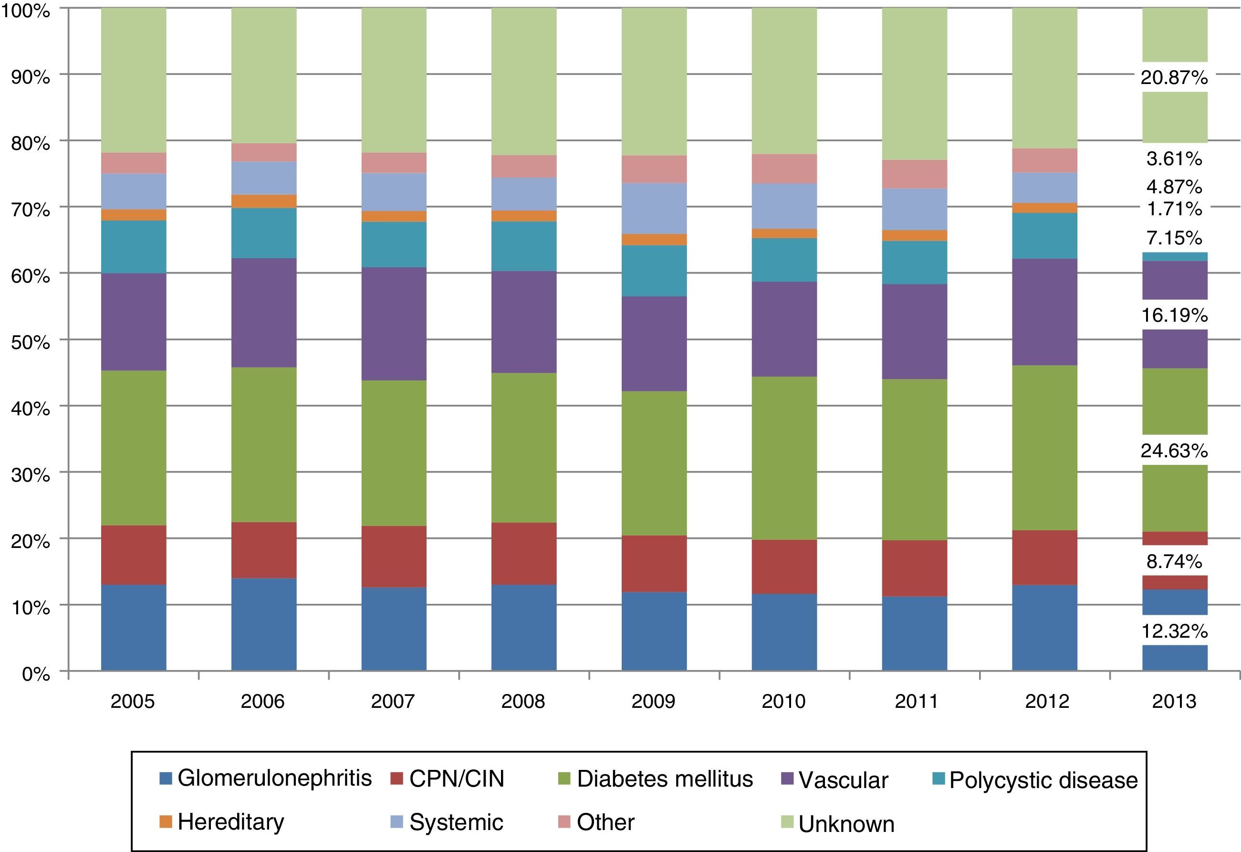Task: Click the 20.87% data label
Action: coord(1174,78)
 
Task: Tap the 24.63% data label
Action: coord(1174,451)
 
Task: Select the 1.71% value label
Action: coord(1174,208)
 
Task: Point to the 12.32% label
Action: coord(1174,631)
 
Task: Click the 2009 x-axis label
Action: coord(653,701)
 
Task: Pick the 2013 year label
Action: coord(1174,701)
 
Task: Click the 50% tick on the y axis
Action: coord(31,342)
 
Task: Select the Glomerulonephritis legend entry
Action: coord(265,778)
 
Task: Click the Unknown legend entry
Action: coord(837,824)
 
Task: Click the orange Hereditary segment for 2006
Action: coord(264,201)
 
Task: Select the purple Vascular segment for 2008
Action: coord(524,322)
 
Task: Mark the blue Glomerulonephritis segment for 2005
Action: coord(134,628)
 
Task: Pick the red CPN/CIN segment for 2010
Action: coord(784,566)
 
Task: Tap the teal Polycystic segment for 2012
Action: coord(1044,236)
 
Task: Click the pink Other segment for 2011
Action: coord(914,174)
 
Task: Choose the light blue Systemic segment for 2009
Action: coord(654,208)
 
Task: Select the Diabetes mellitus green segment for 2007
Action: coord(394,453)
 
